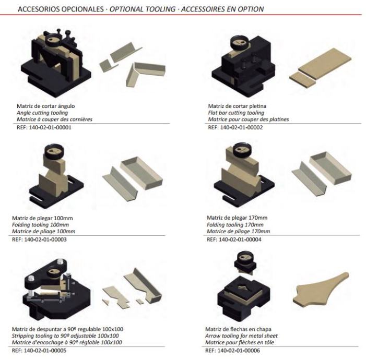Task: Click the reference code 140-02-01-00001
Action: point(50,128)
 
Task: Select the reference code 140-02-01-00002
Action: point(241,128)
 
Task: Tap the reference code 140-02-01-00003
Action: point(45,239)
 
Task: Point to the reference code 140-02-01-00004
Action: point(240,239)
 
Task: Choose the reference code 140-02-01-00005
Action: point(45,351)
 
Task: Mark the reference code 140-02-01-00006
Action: point(239,351)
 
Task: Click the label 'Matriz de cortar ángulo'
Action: point(46,106)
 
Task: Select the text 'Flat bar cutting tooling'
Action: point(236,113)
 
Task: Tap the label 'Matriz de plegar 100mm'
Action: point(42,219)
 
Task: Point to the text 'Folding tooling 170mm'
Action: point(235,225)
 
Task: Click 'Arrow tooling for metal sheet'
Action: point(241,336)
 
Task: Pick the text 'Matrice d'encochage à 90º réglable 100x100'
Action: point(67,342)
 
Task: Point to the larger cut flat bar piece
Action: point(325,64)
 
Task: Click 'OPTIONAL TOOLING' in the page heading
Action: point(143,9)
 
